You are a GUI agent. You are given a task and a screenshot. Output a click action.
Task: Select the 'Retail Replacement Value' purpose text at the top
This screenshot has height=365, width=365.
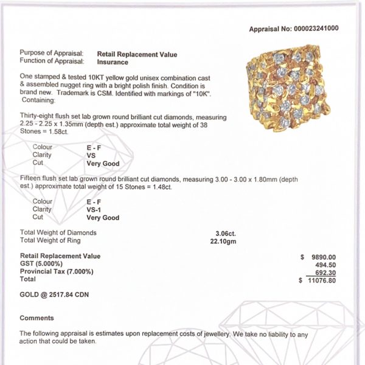[x=137, y=54]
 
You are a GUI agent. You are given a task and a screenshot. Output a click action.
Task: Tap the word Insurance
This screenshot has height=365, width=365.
[x=113, y=61]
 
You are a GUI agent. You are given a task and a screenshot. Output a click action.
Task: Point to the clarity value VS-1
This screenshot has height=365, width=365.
[x=94, y=209]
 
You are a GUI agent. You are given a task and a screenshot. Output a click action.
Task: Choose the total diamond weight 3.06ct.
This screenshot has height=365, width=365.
[x=225, y=232]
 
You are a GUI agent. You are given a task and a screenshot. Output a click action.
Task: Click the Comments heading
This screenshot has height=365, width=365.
[x=36, y=318]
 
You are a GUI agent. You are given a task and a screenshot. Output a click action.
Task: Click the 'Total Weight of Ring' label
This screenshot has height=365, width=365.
[x=50, y=240]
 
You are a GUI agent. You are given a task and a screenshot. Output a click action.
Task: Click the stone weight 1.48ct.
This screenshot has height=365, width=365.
[x=161, y=187]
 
